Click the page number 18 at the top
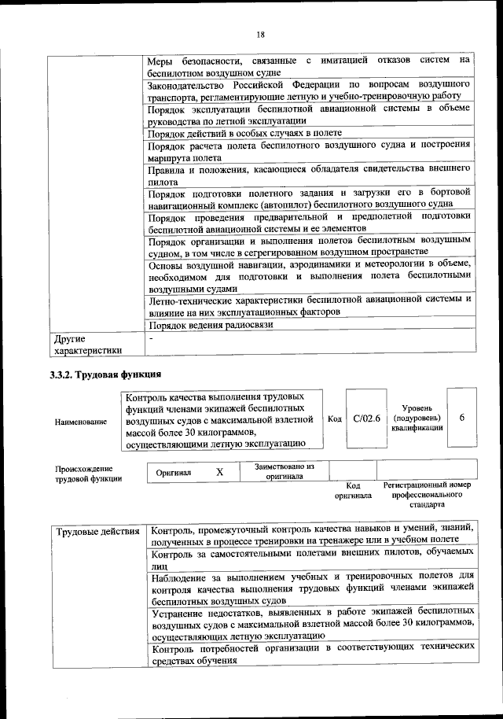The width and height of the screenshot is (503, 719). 260,33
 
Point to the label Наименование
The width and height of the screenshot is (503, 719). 81,422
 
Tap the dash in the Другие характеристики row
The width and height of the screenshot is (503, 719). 152,338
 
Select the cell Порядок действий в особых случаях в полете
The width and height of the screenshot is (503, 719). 233,133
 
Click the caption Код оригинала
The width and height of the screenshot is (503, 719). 353,491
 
